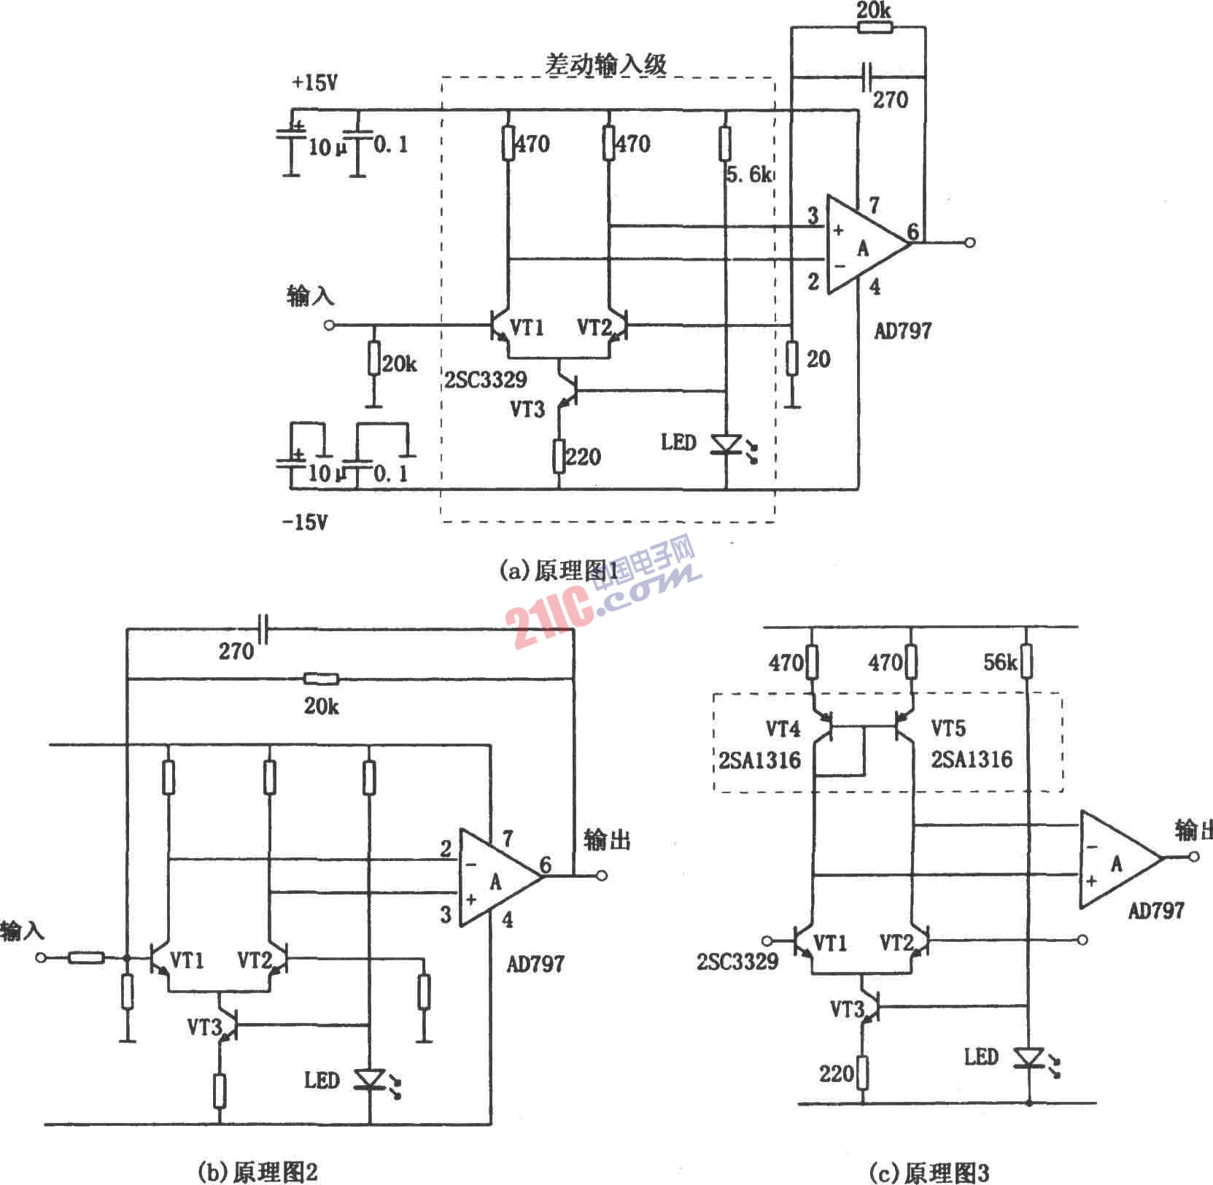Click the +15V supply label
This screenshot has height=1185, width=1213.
(315, 83)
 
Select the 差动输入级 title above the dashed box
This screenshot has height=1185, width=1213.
(606, 65)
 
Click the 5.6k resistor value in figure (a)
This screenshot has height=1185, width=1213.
(748, 174)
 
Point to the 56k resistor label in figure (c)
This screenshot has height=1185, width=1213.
(1000, 662)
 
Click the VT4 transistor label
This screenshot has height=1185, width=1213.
(783, 728)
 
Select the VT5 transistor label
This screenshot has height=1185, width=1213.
(948, 727)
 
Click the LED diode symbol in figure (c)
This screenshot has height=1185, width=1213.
(1029, 1057)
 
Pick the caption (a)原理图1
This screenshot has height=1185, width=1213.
(559, 571)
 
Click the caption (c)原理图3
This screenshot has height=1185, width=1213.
(929, 1172)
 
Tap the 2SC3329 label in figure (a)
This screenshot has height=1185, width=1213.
(486, 379)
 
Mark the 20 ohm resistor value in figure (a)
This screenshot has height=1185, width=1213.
(818, 358)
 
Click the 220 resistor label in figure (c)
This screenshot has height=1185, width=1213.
(836, 1073)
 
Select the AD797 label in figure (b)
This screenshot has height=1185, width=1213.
(535, 964)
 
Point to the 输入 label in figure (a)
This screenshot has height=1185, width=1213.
(311, 296)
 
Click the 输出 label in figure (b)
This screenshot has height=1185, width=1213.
(607, 841)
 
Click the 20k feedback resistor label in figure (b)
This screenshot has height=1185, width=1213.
(322, 706)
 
